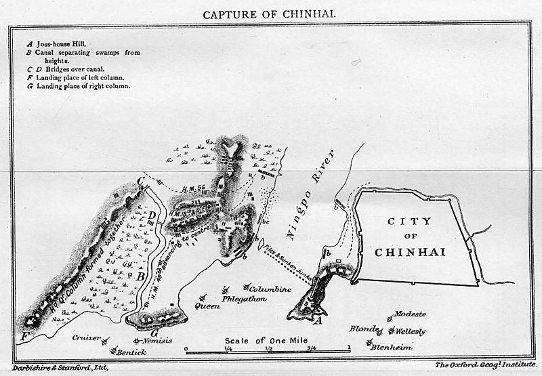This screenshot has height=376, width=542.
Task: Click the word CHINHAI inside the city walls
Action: (410, 252)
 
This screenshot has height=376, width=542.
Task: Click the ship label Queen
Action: (207, 306)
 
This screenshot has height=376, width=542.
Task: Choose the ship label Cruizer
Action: (88, 337)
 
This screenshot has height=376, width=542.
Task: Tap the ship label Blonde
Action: (362, 329)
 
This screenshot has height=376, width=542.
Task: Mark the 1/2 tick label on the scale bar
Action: (268, 348)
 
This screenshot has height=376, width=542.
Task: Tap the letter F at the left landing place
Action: (25, 335)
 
